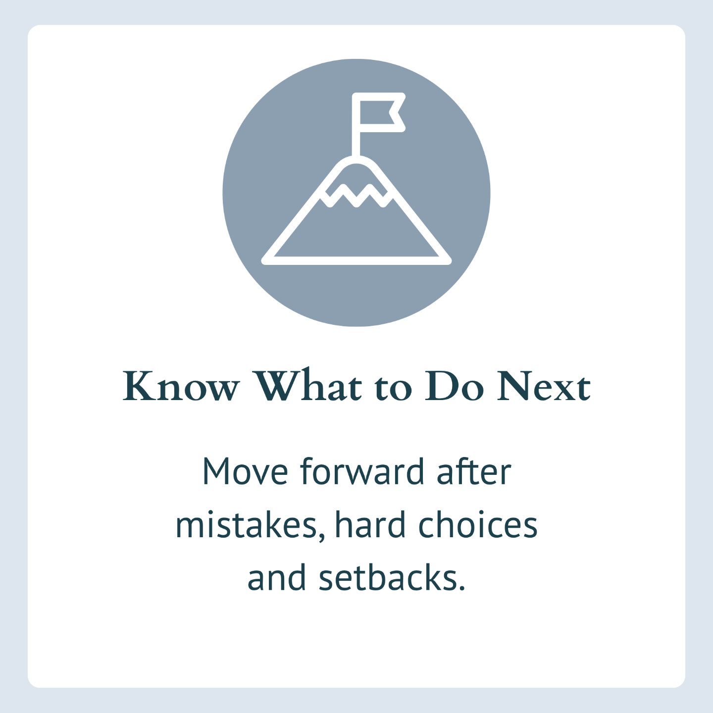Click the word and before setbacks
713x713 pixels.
coord(277,577)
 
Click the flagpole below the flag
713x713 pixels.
coord(356,144)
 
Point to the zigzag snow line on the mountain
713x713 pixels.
coord(356,196)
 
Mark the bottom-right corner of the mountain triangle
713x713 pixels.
coord(449,261)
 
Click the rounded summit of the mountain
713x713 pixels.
coord(356,160)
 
